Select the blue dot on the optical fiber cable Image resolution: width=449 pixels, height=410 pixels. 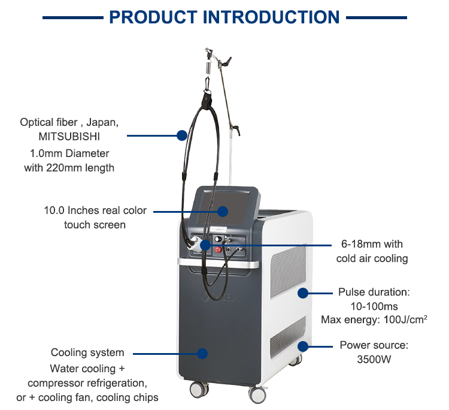(182, 136)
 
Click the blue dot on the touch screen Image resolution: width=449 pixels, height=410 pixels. (223, 211)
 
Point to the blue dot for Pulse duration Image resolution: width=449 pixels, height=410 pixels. (303, 293)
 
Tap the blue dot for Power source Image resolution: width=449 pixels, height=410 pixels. (303, 346)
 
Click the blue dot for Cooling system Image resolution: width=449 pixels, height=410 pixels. (202, 354)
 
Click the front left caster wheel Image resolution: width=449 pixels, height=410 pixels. (196, 390)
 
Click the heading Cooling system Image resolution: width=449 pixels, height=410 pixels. (87, 352)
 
